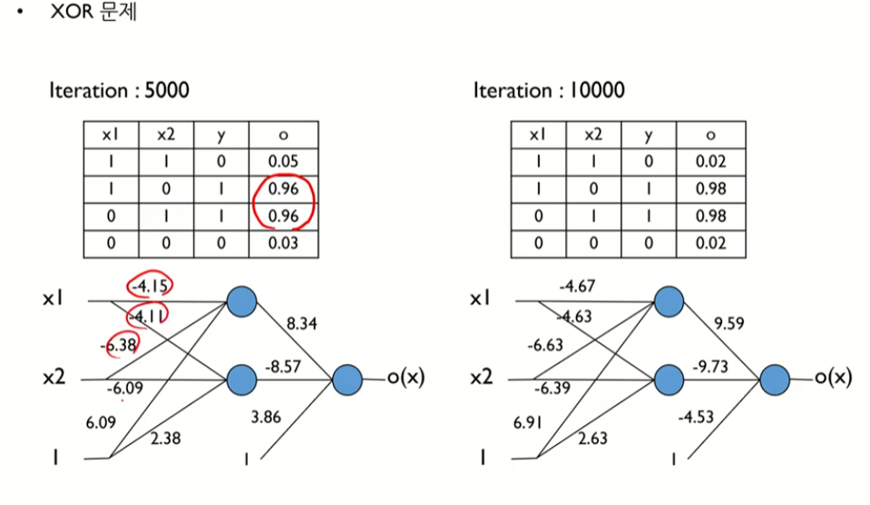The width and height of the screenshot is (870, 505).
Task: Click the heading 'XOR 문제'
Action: [93, 15]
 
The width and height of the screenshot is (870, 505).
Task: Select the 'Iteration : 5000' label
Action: [119, 91]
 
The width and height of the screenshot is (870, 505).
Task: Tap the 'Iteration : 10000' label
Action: [548, 91]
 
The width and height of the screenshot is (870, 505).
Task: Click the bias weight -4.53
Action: [697, 418]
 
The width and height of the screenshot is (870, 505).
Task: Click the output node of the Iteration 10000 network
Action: [774, 380]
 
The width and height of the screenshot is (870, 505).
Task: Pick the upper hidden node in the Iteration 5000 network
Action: [241, 302]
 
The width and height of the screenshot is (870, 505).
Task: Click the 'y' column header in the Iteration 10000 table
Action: [647, 135]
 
